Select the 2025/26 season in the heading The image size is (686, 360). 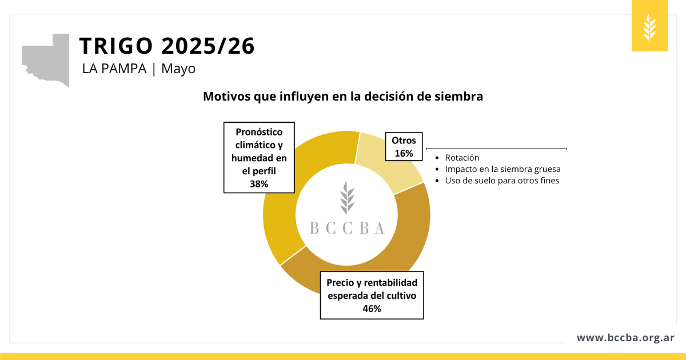(208, 46)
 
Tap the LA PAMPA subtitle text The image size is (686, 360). (114, 69)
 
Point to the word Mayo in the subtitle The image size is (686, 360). (178, 69)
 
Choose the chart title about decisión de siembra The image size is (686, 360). (343, 97)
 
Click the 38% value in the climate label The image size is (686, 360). (259, 183)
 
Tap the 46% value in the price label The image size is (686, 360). (372, 309)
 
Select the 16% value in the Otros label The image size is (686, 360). (404, 153)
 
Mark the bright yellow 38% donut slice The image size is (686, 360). (280, 217)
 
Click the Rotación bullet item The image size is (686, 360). (462, 158)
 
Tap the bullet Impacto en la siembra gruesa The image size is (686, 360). (502, 169)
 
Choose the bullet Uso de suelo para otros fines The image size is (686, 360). (502, 181)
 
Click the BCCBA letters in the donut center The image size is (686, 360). (347, 228)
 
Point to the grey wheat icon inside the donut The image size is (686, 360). (346, 198)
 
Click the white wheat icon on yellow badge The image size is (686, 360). (650, 26)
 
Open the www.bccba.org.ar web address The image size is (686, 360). (625, 338)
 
